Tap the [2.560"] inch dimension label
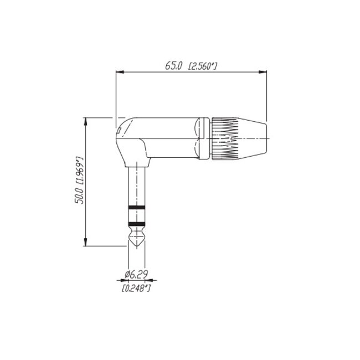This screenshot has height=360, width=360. [x=202, y=66]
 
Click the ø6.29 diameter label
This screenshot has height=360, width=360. [x=136, y=274]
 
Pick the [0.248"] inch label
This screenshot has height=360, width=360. [x=136, y=287]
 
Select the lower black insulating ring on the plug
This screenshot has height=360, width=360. [x=136, y=223]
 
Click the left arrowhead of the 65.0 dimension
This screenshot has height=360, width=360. [x=119, y=71]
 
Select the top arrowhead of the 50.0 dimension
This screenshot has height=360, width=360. [x=85, y=120]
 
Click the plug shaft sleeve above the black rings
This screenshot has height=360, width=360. [x=136, y=186]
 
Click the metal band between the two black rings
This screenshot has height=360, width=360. [x=136, y=215]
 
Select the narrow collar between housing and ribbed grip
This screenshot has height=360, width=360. [x=205, y=137]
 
